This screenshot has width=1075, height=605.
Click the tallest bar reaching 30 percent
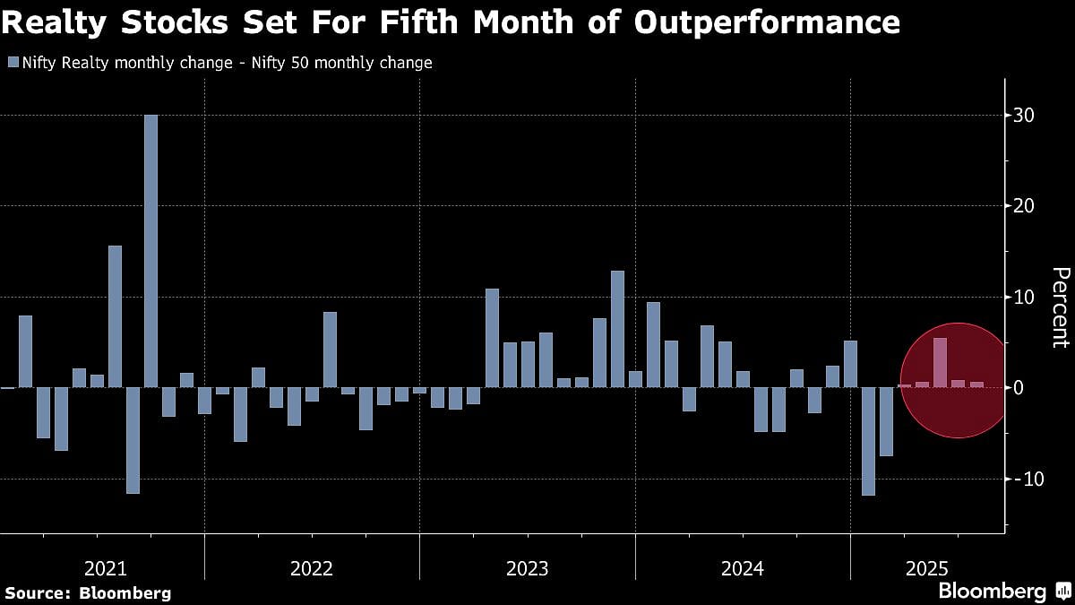150,251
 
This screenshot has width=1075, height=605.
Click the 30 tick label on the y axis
1024,116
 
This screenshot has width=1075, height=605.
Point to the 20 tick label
1024,206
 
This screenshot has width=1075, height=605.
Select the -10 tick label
1021,479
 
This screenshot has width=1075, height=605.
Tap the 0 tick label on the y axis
1019,388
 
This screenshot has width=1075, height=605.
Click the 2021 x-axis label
105,568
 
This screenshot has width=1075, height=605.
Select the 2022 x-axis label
312,568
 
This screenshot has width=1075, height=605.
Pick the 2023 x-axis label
528,568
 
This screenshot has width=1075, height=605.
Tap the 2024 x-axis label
743,568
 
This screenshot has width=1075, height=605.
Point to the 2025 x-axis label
927,568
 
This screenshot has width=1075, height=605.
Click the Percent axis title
1060,307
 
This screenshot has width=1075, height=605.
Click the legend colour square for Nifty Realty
12,63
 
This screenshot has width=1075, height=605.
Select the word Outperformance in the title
766,22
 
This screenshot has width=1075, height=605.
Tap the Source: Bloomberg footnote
87,592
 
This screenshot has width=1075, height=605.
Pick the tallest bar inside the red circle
940,363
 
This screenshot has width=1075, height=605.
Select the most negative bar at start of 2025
868,441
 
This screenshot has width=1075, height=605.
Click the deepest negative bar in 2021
133,440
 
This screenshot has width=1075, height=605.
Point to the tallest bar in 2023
617,329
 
